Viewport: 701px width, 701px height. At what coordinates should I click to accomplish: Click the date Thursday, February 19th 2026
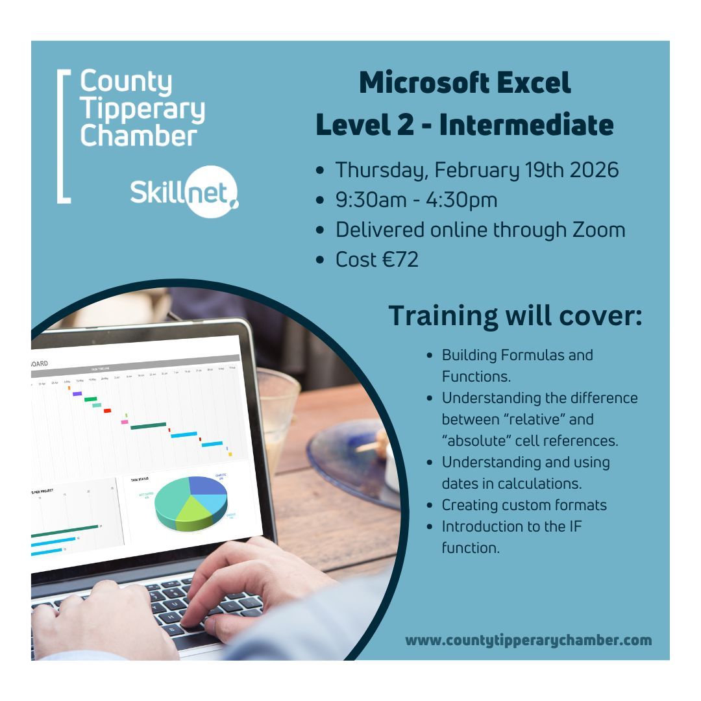pyautogui.click(x=476, y=170)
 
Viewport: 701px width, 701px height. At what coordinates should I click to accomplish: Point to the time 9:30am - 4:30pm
pyautogui.click(x=416, y=200)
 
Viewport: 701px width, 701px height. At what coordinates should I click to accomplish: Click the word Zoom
pyautogui.click(x=595, y=230)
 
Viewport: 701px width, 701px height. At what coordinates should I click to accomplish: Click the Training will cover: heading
pyautogui.click(x=515, y=315)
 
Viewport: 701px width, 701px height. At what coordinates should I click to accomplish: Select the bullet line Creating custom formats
pyautogui.click(x=524, y=505)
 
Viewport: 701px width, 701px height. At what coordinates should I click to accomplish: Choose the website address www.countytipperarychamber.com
pyautogui.click(x=528, y=640)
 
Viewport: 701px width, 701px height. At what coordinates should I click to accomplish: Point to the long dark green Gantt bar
pyautogui.click(x=148, y=426)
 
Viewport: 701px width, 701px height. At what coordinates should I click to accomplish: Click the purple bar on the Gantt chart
pyautogui.click(x=77, y=393)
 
